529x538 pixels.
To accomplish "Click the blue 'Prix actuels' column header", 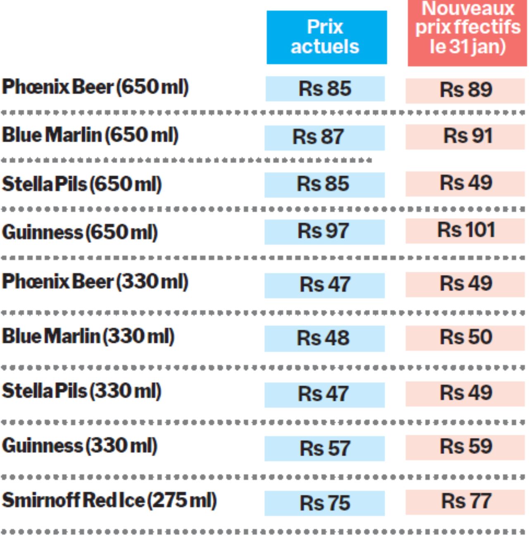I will [x=326, y=37].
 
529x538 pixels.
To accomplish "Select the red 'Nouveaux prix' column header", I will [x=467, y=33].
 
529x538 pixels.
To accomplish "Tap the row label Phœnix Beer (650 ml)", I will [x=95, y=87].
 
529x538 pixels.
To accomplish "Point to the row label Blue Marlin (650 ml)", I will [x=90, y=136].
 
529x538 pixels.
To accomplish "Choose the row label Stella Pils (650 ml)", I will [x=82, y=184].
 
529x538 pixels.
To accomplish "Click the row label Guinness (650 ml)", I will [x=80, y=232].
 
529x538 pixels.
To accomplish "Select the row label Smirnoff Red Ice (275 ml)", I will [x=109, y=500].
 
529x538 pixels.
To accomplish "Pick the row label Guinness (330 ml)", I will [x=80, y=446].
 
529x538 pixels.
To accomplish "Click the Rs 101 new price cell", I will [x=466, y=230].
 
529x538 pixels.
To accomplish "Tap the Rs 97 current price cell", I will [x=324, y=231].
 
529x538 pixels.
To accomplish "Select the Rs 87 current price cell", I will [x=324, y=137].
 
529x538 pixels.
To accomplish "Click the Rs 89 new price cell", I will [x=466, y=90].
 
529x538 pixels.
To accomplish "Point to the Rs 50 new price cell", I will [x=466, y=337].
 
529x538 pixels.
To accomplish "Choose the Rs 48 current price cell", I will [x=324, y=338].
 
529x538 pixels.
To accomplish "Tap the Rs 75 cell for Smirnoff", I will [x=325, y=503].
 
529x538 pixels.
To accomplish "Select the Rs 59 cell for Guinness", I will [x=466, y=447].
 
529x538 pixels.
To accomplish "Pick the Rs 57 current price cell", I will [x=325, y=448].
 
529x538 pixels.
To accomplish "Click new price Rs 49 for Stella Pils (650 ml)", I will [x=466, y=184].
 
